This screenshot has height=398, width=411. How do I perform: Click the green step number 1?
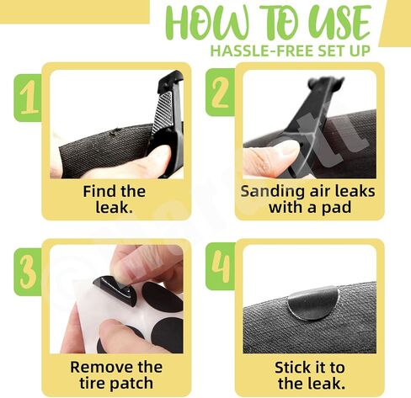tap(29, 97)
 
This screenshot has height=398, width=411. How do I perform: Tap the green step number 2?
tap(220, 93)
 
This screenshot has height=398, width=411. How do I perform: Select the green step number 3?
tap(28, 272)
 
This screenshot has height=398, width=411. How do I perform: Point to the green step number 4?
tap(221, 267)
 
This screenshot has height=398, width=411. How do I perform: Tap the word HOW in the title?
tap(208, 23)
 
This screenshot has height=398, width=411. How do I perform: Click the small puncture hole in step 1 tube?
tap(115, 131)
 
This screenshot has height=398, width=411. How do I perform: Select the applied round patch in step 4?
tap(313, 304)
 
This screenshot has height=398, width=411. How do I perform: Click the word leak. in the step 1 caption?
tap(114, 208)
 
